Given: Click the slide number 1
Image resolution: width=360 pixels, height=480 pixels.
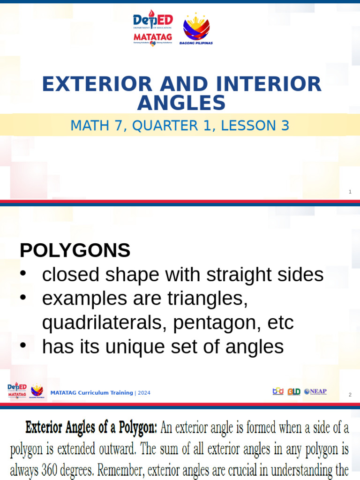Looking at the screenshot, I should click(x=350, y=192).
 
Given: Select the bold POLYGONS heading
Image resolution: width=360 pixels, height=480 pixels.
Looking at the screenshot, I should click(x=75, y=251).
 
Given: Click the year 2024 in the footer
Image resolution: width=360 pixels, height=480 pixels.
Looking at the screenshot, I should click(x=144, y=393).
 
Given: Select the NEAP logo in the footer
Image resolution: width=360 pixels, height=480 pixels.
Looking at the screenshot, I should click(x=315, y=391).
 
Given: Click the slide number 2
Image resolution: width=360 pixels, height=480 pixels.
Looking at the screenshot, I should click(x=350, y=395).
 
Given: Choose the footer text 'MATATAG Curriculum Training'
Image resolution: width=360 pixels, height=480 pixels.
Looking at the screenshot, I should click(x=91, y=393).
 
